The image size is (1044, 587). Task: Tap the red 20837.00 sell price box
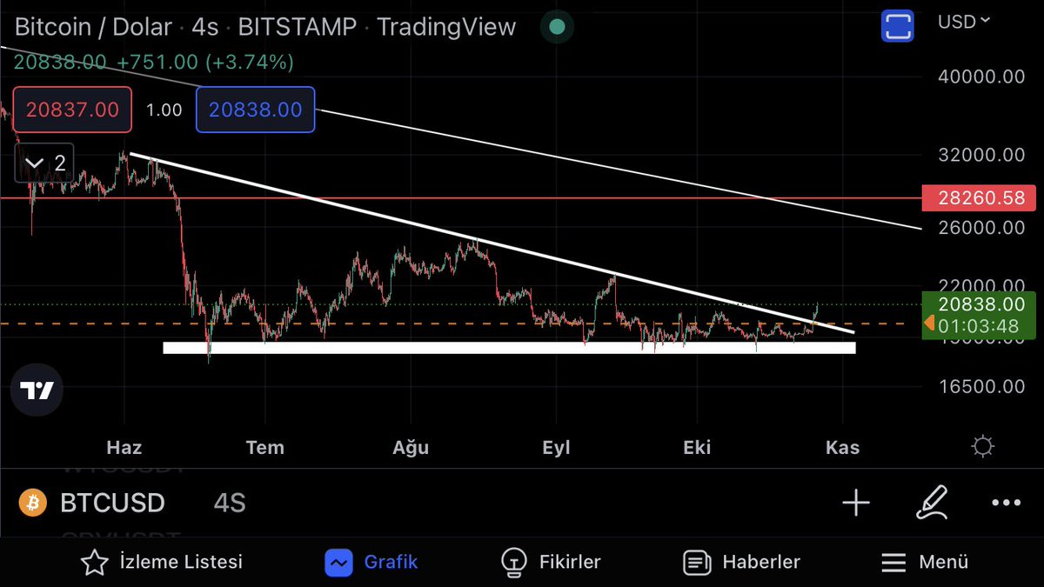72,110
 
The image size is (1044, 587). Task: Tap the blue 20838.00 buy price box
255,110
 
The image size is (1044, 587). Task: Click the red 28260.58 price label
981,197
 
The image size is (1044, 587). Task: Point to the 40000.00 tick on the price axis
981,77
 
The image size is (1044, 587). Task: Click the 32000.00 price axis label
981,156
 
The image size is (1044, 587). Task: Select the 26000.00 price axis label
981,228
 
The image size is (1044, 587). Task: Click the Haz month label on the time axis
124,448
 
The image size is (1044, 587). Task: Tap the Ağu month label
411,448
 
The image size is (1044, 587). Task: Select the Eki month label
697,448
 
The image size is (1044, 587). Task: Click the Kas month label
842,448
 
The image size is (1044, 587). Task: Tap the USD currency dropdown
963,22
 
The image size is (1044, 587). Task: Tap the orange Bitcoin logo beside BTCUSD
33,503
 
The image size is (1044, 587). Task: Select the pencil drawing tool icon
931,503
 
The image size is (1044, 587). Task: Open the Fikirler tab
552,563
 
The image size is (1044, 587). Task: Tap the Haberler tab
741,563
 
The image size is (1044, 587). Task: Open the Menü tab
924,563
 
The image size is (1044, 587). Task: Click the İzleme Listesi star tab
162,563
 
